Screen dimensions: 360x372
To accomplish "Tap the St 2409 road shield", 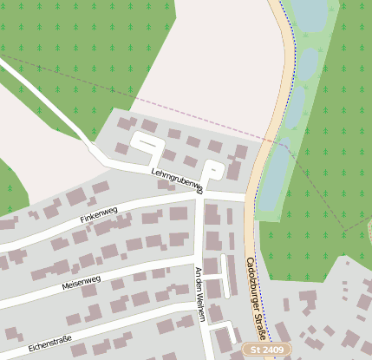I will point(267,349).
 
